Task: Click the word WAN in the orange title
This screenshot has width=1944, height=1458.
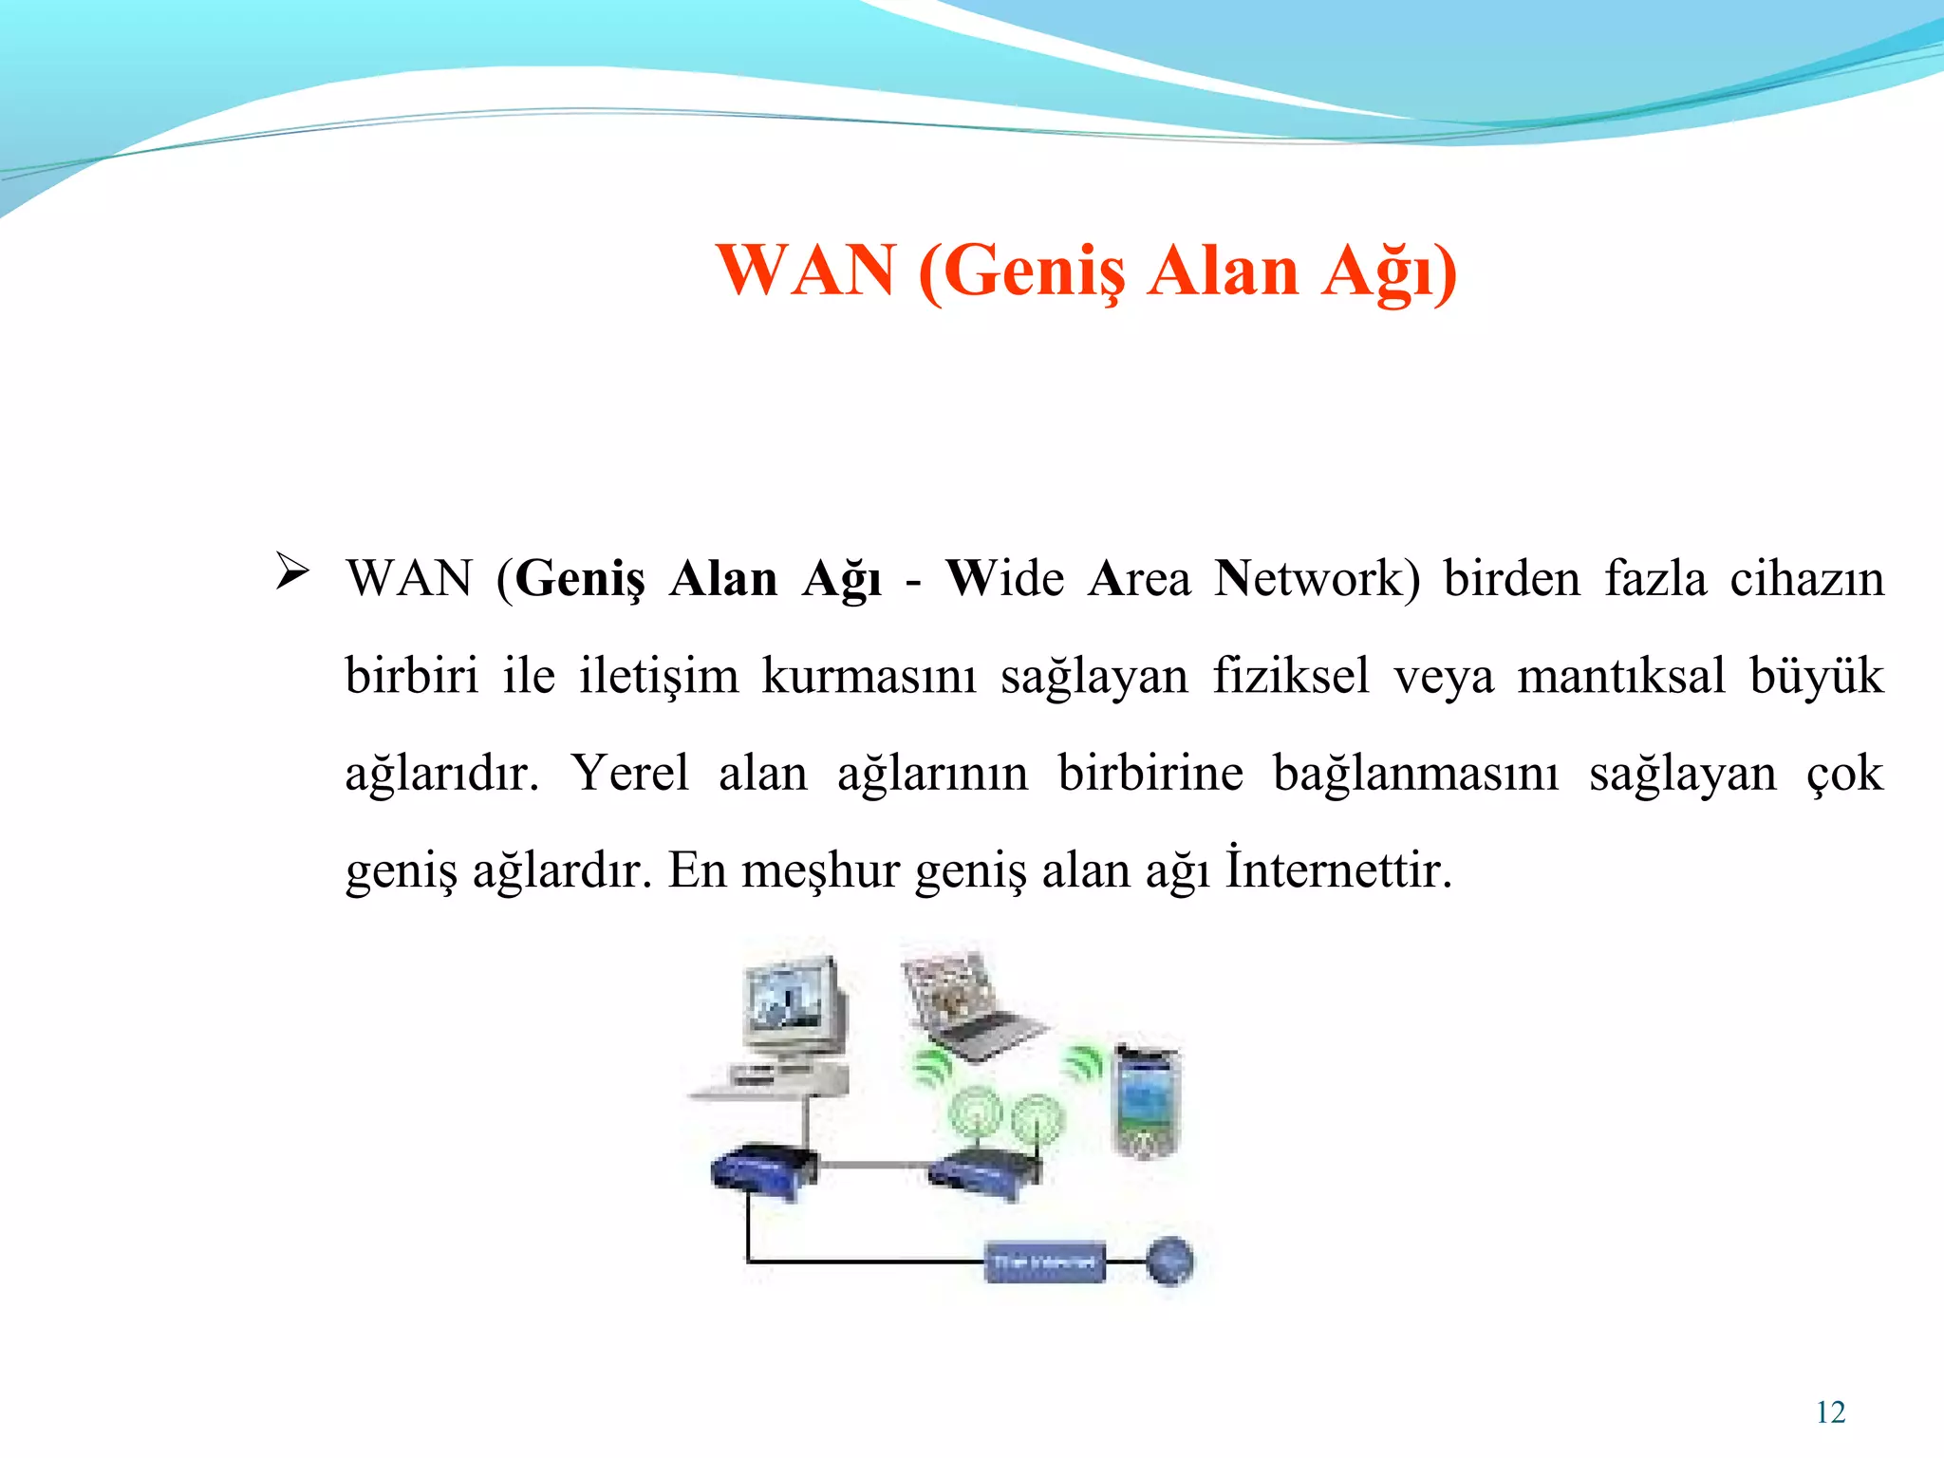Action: point(806,271)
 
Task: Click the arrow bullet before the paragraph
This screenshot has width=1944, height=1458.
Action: point(291,571)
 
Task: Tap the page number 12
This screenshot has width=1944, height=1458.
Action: point(1830,1412)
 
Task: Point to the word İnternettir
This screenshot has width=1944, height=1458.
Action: point(1337,869)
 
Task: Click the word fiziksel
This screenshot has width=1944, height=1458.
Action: point(1291,676)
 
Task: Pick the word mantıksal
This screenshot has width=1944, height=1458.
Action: point(1620,676)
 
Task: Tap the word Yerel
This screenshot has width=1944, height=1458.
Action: point(630,773)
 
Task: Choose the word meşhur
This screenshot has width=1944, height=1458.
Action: point(820,869)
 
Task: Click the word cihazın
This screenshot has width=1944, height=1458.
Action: point(1806,578)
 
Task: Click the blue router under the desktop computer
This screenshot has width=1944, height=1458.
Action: point(763,1171)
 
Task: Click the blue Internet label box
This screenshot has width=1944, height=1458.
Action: point(1044,1262)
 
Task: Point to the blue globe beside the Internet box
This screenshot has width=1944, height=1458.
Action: point(1169,1261)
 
